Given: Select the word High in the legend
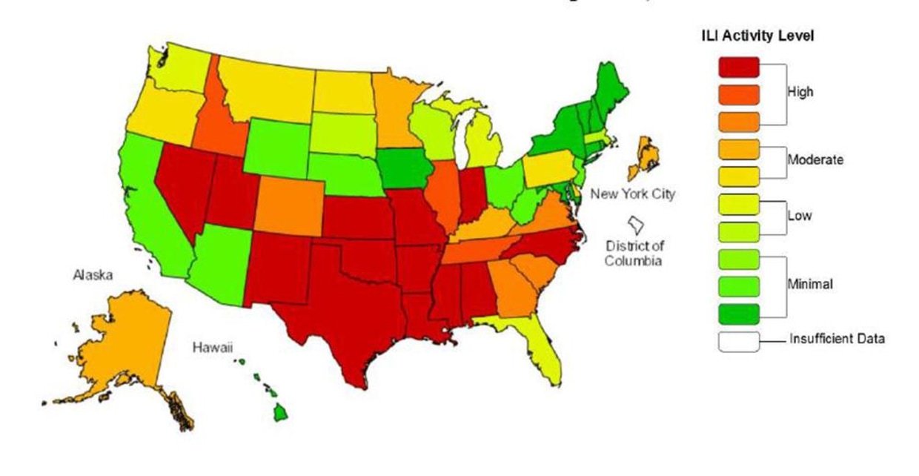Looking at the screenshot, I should [801, 92].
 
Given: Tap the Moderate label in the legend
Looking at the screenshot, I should [816, 159].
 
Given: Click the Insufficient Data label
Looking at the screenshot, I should [837, 340].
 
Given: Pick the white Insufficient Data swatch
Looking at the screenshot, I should [738, 341].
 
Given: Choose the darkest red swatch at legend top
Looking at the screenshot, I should [738, 67].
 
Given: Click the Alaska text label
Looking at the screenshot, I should [93, 275].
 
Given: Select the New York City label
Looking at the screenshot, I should [632, 195].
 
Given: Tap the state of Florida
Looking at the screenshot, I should [545, 348].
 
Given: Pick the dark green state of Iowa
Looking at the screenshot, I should [406, 168].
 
